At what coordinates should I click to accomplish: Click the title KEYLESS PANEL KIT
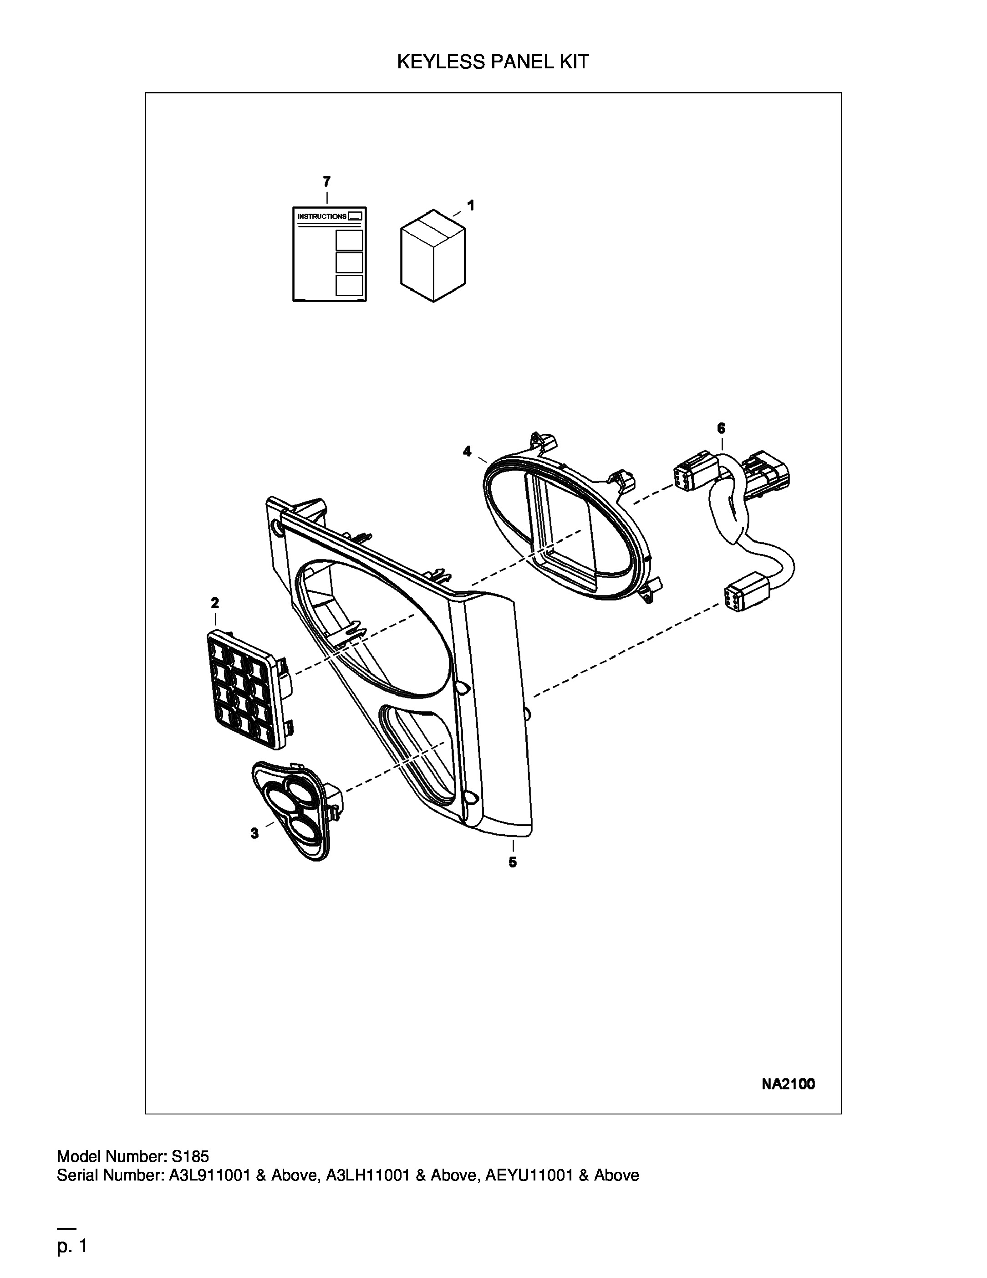tap(493, 62)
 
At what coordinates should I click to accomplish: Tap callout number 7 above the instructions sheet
tap(326, 181)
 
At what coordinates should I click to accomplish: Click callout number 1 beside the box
tap(471, 205)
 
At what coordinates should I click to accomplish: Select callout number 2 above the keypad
tap(215, 602)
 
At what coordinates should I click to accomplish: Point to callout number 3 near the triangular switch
tap(254, 833)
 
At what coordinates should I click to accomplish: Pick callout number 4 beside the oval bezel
tap(467, 451)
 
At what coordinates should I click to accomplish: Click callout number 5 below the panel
tap(513, 862)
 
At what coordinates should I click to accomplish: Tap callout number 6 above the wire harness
tap(721, 428)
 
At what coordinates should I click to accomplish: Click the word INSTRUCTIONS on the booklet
tap(321, 216)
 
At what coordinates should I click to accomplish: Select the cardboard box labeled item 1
tap(433, 256)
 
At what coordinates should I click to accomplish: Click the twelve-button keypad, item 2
tap(249, 689)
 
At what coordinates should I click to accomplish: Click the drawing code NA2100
tap(788, 1084)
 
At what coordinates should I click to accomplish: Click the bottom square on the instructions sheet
tap(349, 286)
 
